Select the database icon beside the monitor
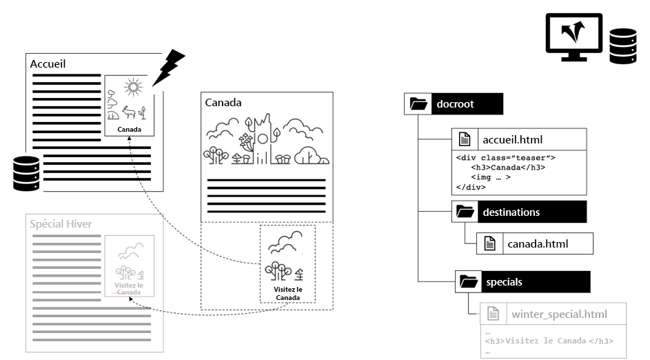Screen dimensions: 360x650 (622, 46)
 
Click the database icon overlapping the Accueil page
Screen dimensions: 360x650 (26, 174)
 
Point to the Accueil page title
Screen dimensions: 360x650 (48, 63)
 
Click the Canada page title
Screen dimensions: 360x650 (223, 103)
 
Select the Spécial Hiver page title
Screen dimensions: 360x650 (61, 223)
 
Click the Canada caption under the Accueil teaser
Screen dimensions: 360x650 (130, 130)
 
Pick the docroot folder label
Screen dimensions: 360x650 (455, 105)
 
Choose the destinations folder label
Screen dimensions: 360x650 (511, 212)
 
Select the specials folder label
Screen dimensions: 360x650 (504, 281)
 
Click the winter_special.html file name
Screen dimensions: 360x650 (559, 314)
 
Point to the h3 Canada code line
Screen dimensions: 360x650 (508, 168)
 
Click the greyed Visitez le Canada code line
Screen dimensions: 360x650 (549, 341)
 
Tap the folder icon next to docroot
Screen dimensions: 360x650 (418, 105)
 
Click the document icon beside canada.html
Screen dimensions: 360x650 (489, 243)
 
